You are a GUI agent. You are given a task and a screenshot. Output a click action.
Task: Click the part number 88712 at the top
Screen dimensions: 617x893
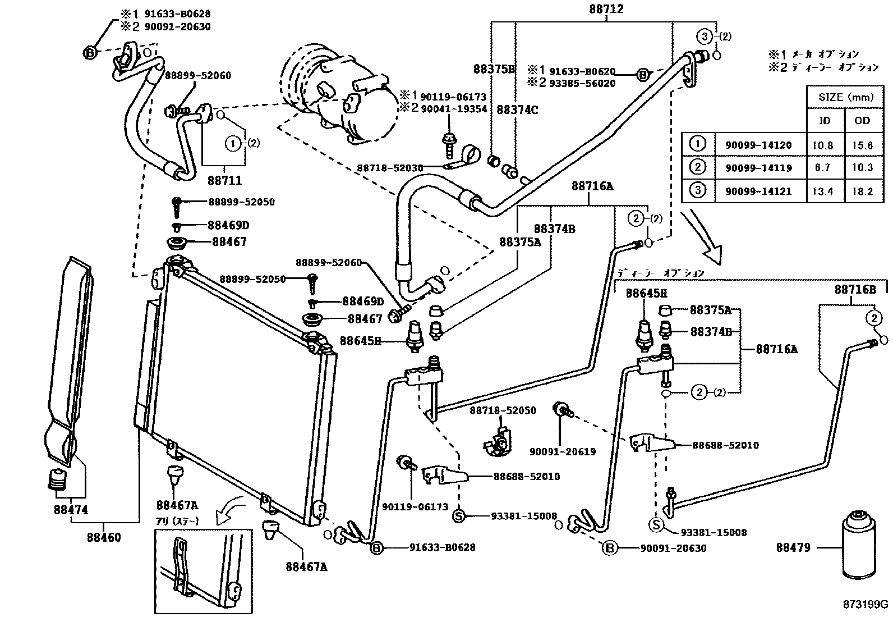(x=606, y=9)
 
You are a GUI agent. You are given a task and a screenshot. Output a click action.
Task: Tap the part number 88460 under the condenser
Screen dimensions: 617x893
(x=103, y=537)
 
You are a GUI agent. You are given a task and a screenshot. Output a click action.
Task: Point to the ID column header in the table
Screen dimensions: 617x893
(x=825, y=121)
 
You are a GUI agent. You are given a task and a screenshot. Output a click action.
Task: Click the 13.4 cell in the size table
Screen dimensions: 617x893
(x=822, y=191)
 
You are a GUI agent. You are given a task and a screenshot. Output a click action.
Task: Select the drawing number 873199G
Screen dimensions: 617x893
(x=866, y=604)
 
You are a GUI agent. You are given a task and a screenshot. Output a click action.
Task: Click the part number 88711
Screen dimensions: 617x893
(x=224, y=180)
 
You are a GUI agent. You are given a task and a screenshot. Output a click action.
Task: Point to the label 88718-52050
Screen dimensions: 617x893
(x=503, y=410)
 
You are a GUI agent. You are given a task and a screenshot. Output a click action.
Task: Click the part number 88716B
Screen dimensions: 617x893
(x=855, y=290)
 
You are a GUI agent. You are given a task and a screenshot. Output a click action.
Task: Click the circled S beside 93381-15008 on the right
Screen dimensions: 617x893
(x=656, y=524)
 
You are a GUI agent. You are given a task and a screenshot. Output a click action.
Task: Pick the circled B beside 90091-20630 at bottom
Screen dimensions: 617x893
(x=610, y=548)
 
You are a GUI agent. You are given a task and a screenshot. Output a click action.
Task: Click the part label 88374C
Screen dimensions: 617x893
(x=517, y=110)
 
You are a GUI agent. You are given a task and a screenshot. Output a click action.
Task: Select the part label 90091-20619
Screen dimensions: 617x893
(x=563, y=451)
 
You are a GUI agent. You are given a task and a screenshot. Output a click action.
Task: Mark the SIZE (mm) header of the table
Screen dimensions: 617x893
(x=846, y=97)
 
